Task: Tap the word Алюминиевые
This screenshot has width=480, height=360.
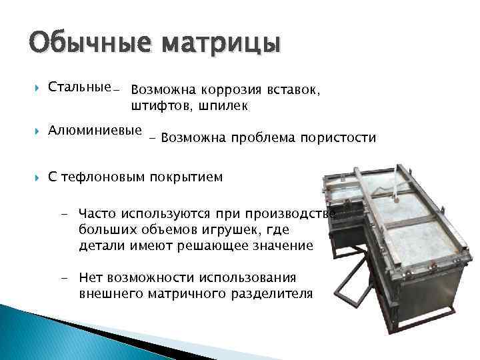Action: click(95, 130)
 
